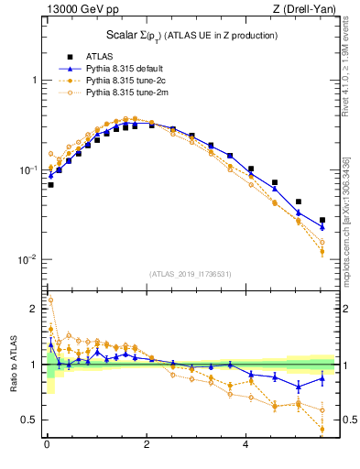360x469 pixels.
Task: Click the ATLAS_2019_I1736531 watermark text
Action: click(190, 274)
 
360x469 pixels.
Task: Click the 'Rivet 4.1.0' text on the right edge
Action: click(345, 78)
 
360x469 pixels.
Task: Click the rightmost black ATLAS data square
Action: click(322, 221)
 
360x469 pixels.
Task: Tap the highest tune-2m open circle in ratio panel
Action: click(50, 300)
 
